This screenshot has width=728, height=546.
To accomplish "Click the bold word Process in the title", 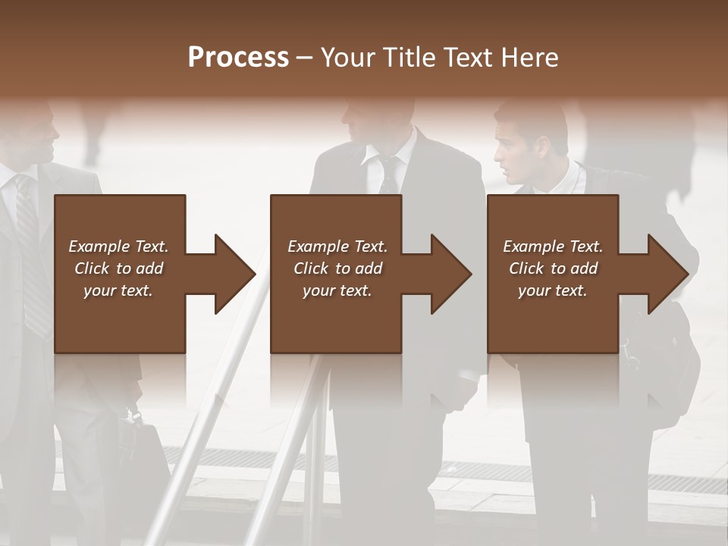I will click(238, 57).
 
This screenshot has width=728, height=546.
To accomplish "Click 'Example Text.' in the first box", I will click(118, 246).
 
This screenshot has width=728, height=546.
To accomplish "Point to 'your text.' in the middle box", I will click(337, 290).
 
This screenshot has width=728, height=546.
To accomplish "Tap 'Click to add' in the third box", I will click(553, 268).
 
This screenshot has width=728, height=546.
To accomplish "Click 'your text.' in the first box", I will click(118, 290).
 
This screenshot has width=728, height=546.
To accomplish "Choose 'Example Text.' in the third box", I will click(553, 246).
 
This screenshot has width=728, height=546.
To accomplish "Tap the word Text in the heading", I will click(468, 57).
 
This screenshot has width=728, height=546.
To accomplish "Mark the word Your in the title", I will click(348, 57).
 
